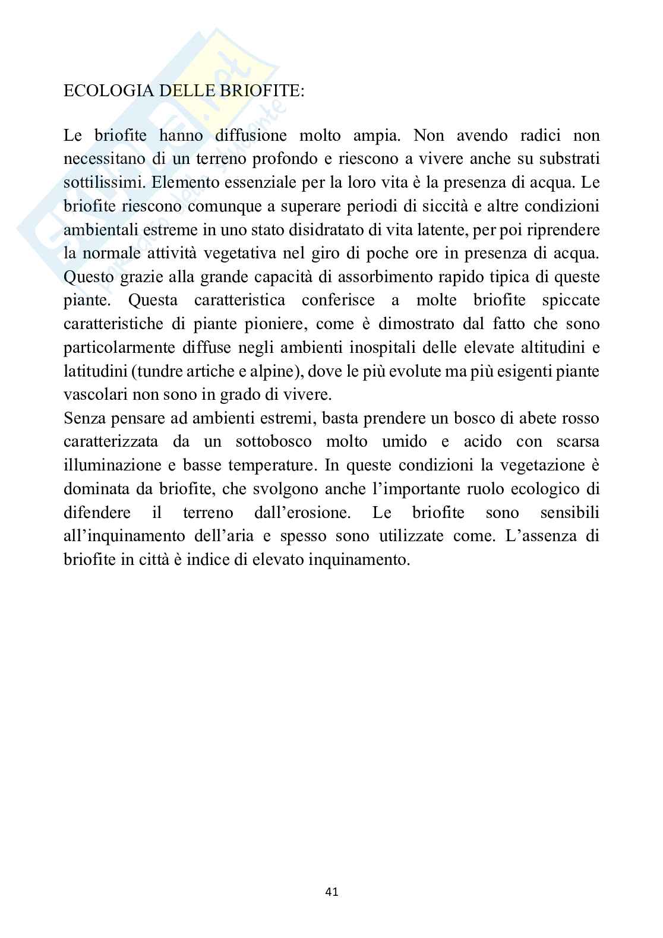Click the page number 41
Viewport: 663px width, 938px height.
[x=332, y=891]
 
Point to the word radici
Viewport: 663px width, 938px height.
[x=533, y=135]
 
